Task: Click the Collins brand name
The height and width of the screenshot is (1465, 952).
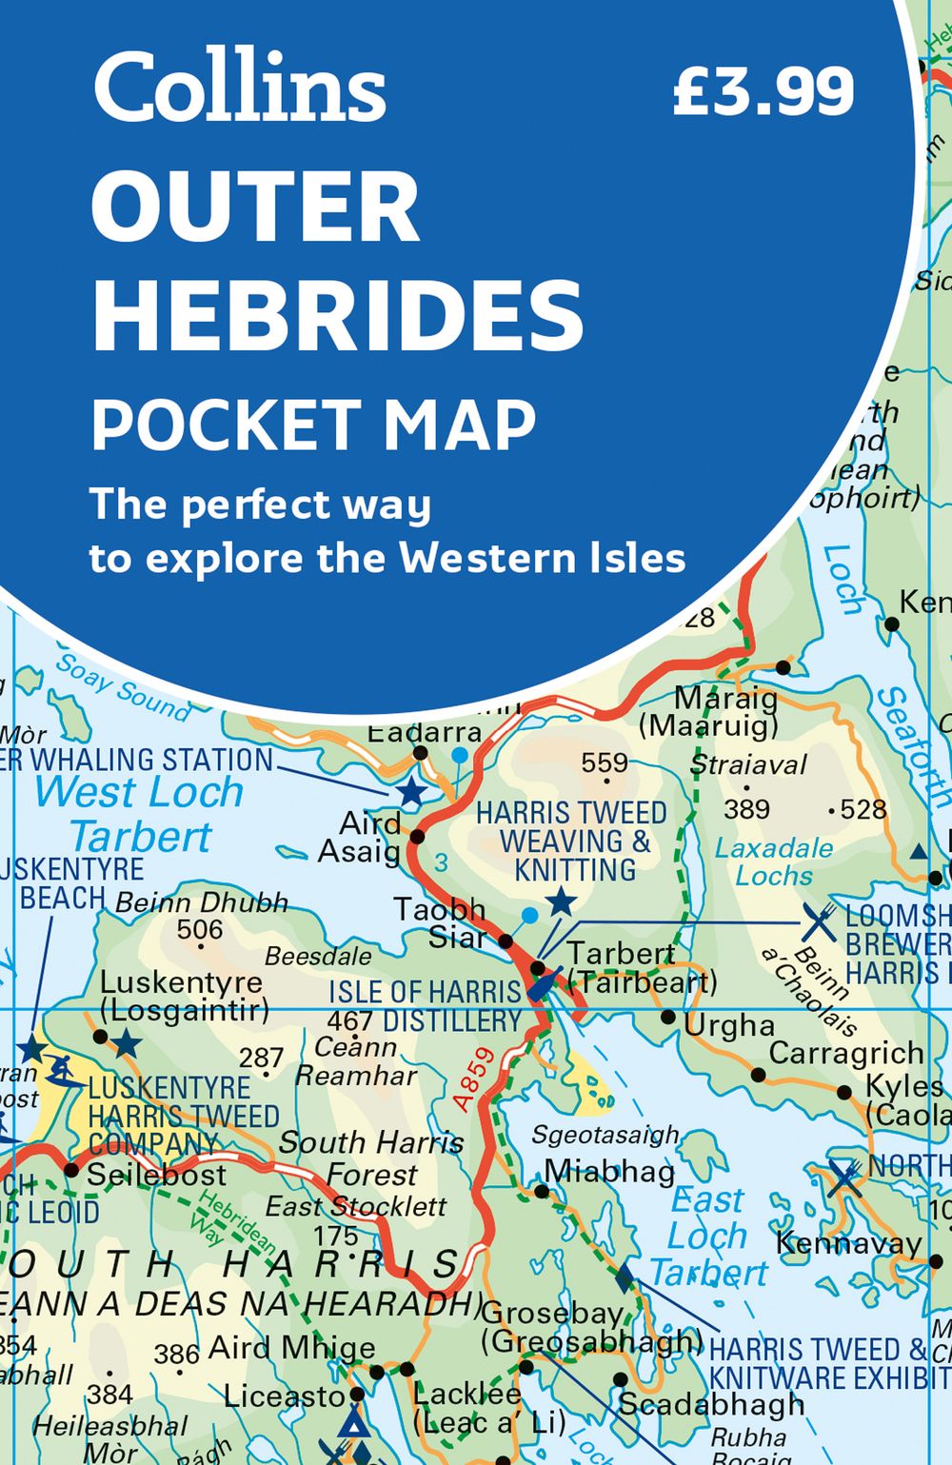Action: pos(239,88)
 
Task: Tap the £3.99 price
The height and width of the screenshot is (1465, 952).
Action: pos(764,92)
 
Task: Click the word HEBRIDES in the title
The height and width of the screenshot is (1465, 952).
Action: pos(338,316)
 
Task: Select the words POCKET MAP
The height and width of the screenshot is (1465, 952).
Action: pos(313,425)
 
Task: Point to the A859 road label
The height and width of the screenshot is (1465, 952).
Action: pos(474,1079)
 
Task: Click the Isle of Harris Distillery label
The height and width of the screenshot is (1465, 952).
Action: pos(426,1006)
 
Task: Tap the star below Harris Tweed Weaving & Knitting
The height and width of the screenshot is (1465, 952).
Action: pos(562,901)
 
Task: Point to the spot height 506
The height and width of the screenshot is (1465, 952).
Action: pos(200,929)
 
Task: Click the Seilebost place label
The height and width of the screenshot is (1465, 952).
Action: pos(157,1175)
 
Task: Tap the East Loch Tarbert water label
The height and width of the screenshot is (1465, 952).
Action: pos(708,1236)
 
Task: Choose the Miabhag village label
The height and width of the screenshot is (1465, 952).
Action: pos(609,1171)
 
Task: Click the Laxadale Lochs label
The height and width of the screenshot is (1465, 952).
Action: pos(774,861)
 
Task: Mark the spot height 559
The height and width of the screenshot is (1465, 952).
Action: pos(605,763)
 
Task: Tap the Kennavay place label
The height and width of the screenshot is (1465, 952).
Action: pos(848,1242)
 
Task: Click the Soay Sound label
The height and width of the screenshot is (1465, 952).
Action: pos(123,685)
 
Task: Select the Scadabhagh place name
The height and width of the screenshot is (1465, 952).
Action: pos(711,1404)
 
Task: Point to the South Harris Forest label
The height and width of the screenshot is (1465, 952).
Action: pos(371,1158)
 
